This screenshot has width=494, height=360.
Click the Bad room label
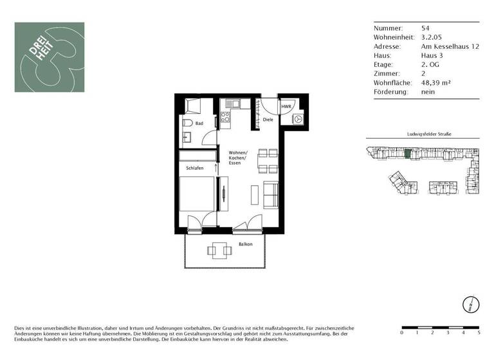click(x=199, y=123)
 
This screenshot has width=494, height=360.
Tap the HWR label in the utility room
click(x=285, y=107)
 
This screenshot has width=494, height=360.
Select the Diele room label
click(x=268, y=120)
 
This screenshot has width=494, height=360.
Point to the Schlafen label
click(x=195, y=167)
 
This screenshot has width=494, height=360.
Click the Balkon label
click(x=245, y=244)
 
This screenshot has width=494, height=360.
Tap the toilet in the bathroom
click(x=187, y=123)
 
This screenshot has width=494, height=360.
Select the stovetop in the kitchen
click(x=226, y=118)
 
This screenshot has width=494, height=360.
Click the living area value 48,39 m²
click(x=435, y=83)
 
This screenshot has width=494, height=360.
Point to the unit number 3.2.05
click(x=430, y=37)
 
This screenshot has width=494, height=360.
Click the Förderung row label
click(x=390, y=92)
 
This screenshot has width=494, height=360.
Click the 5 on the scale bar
click(x=479, y=333)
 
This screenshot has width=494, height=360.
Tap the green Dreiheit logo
click(x=50, y=57)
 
